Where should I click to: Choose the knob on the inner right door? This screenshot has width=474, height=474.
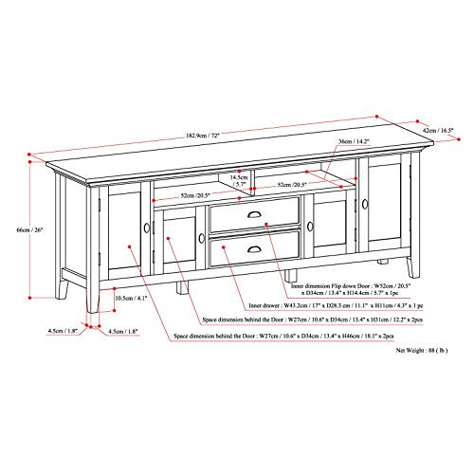[310, 225]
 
